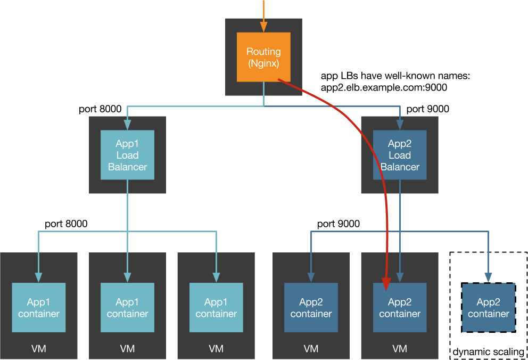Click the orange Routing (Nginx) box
263,57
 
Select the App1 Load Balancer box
127,155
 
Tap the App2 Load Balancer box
400,155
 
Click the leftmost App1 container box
39,307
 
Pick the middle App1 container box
127,307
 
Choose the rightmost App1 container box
216,307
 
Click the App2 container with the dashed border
488,308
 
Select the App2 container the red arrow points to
400,307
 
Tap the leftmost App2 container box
311,307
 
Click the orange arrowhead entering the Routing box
263,28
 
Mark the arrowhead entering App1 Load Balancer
127,126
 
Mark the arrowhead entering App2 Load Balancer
400,126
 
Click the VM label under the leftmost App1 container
39,349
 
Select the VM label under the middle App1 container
127,349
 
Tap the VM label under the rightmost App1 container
216,349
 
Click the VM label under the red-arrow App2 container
400,349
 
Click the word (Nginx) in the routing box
263,63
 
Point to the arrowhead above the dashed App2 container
488,279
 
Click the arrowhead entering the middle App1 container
127,278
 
